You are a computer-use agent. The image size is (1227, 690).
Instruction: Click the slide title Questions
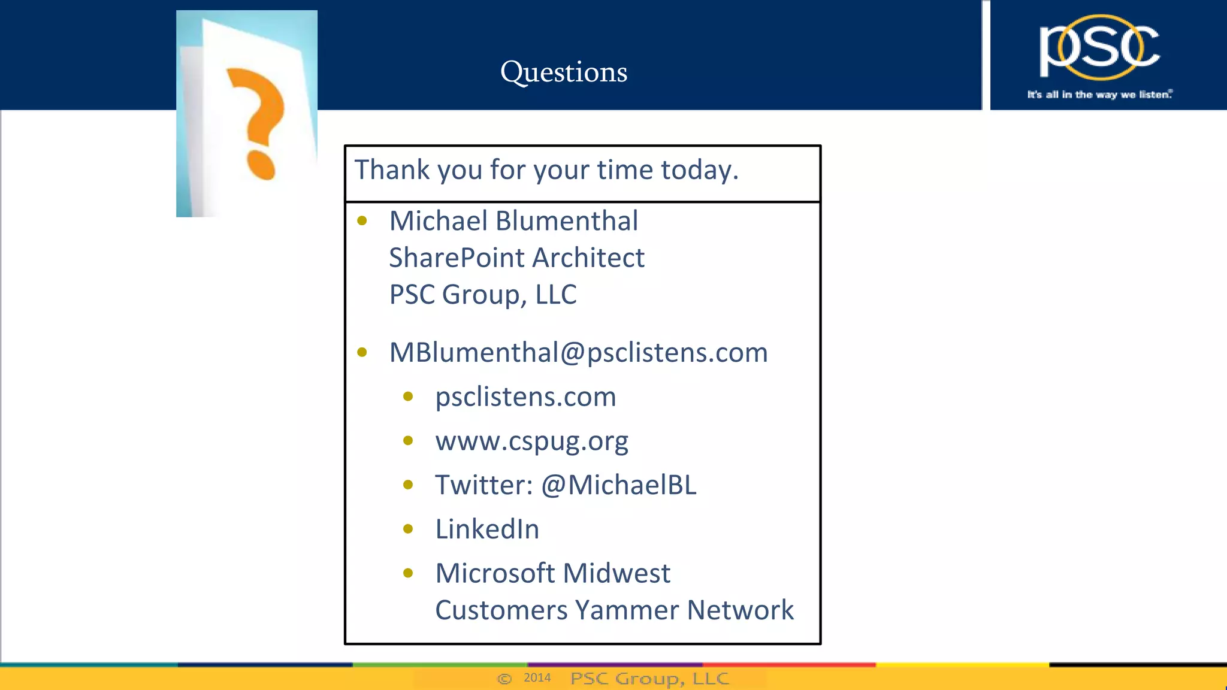point(564,72)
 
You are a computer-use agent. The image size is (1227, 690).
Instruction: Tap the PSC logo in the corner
point(1099,48)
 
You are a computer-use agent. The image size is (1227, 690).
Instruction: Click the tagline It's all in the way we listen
point(1099,95)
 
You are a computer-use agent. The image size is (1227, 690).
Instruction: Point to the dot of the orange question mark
point(261,165)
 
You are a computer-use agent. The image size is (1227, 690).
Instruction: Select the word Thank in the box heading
point(392,170)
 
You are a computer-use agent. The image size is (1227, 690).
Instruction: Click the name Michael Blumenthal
point(513,221)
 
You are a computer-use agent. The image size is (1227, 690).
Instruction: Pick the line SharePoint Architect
point(516,258)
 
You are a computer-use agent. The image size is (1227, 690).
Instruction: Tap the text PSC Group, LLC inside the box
point(483,295)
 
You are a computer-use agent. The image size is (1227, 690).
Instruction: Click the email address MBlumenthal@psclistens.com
point(578,353)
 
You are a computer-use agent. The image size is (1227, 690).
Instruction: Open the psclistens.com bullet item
point(525,397)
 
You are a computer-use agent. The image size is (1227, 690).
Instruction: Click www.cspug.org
point(531,441)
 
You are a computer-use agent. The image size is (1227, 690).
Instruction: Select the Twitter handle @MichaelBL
point(619,485)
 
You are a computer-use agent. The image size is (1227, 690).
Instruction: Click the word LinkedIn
point(487,529)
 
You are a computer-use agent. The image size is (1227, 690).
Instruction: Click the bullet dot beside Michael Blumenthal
point(362,221)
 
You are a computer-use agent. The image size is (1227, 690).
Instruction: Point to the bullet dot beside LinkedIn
point(408,529)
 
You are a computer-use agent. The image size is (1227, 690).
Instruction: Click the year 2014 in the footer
point(537,677)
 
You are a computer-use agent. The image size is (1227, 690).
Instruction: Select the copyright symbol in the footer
point(504,679)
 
